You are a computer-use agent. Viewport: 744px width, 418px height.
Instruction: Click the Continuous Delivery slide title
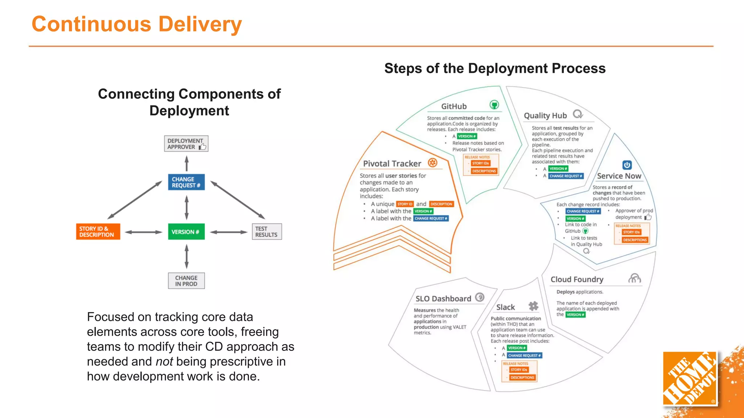(137, 24)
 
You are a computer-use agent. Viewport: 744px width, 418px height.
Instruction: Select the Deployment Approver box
(186, 144)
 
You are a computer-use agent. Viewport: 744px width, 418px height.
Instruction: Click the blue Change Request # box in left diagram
(186, 182)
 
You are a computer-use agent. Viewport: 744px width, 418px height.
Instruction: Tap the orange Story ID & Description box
(98, 231)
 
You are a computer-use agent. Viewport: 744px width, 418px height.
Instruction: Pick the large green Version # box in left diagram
(186, 232)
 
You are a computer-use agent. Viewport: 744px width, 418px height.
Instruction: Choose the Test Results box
(267, 231)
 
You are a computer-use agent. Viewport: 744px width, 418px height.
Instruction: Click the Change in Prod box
(186, 281)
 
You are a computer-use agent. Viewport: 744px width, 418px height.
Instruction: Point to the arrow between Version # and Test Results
(229, 232)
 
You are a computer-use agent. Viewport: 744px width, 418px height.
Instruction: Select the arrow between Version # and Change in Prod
(186, 256)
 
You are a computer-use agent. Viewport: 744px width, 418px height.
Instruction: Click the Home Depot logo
(690, 378)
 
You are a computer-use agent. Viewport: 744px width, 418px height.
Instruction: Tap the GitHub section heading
(454, 106)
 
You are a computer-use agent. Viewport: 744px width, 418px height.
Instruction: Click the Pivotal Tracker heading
(392, 164)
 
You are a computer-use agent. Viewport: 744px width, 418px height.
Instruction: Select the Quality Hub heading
(545, 116)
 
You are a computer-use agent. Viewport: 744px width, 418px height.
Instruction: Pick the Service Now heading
(619, 176)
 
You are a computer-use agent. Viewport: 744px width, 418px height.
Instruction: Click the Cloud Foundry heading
(577, 279)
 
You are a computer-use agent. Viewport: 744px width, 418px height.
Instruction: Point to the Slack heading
(505, 307)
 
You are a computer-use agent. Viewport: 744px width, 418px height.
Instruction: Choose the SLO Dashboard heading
(443, 299)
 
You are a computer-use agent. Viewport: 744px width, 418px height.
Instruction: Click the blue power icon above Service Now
(627, 165)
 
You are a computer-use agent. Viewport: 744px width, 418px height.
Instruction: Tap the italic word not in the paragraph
(164, 362)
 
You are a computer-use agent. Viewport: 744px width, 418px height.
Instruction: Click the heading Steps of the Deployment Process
(495, 69)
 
